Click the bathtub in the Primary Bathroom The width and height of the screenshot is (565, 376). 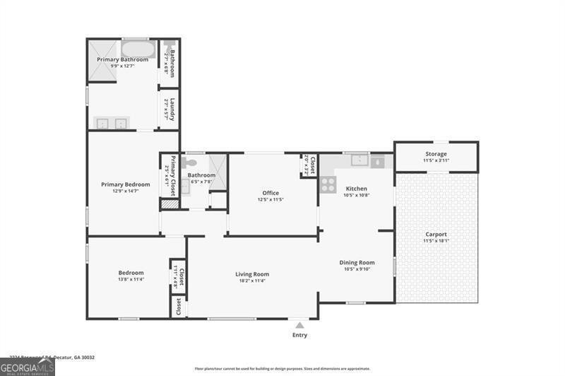138,49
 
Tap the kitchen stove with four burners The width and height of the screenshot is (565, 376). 328,184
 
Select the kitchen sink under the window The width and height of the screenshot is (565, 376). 359,160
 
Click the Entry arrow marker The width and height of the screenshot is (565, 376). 300,325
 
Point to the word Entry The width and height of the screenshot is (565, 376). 300,335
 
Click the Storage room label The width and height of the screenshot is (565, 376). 436,153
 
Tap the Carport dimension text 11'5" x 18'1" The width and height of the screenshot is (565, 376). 436,242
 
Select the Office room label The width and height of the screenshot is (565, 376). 270,192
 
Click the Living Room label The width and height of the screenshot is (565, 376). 252,274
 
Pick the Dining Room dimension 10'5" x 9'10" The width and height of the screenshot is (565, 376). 357,269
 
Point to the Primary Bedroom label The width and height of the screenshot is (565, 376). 125,184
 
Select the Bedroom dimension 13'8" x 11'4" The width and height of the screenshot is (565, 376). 131,280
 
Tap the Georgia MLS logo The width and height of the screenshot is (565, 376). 27,366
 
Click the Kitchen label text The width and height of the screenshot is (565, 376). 356,189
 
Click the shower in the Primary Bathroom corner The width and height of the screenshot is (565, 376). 103,60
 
